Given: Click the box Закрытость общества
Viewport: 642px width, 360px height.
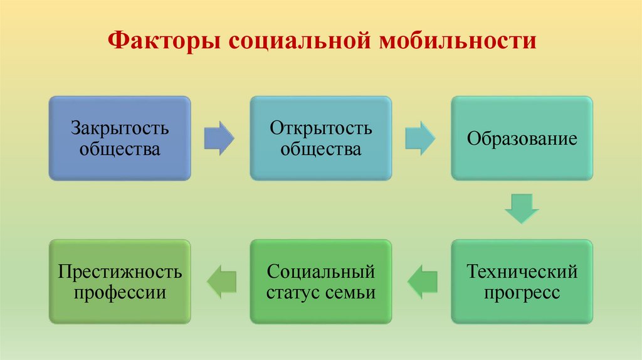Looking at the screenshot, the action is (120, 138).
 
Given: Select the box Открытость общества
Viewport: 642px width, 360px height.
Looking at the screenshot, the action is (321, 138).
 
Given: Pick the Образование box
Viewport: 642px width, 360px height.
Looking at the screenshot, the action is (522, 138).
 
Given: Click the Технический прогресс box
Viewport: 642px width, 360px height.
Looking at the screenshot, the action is (522, 282).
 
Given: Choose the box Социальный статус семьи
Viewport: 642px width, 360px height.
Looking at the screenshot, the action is (321, 282).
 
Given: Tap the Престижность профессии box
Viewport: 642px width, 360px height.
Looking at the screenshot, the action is (120, 282).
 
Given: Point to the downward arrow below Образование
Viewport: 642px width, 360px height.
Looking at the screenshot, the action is (522, 209).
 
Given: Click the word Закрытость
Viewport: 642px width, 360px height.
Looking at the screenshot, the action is (120, 129).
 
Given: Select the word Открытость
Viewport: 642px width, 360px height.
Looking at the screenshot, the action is (321, 129).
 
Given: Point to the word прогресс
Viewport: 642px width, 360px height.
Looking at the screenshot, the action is (522, 293).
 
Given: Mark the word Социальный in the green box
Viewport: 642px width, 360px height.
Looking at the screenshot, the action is (321, 272).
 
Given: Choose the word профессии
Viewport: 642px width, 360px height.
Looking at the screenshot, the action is (120, 293).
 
